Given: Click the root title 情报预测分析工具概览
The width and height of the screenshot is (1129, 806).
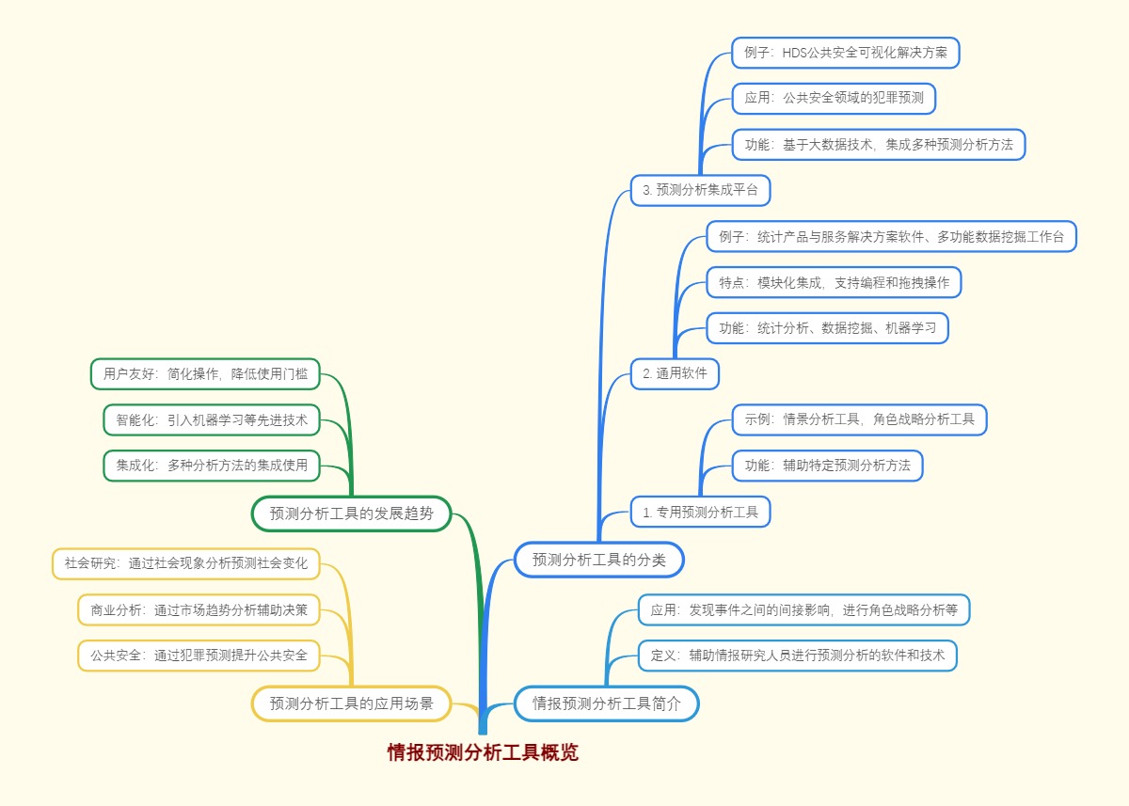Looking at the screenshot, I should click(483, 752).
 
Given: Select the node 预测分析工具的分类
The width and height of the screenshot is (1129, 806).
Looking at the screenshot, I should click(598, 560).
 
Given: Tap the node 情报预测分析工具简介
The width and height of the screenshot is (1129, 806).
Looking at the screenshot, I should click(606, 703).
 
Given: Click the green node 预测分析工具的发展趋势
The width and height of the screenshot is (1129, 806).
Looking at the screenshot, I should click(351, 514).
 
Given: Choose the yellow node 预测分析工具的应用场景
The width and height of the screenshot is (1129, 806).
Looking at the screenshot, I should click(351, 703).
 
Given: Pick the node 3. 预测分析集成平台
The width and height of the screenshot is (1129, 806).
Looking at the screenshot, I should click(700, 190).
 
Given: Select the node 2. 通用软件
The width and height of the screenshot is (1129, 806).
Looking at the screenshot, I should click(675, 373).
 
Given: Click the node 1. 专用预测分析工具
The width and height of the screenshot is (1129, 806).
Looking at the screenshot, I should click(700, 512).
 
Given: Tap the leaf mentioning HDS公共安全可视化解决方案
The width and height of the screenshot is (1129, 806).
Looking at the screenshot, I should click(845, 53).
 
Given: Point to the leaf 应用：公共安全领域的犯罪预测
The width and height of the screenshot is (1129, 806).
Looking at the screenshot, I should click(834, 98).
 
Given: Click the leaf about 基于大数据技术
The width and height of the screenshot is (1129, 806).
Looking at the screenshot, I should click(878, 145).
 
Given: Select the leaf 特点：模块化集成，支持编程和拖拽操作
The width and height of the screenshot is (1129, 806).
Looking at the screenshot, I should click(834, 282).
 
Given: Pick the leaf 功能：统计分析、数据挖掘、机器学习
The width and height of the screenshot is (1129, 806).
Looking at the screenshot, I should click(827, 328).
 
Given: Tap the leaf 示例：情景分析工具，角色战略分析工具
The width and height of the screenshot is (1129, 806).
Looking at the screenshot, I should click(859, 419).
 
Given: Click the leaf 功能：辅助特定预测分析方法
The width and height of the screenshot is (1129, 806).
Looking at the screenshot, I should click(827, 466).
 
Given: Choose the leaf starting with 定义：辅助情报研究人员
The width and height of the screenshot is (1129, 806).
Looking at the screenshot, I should click(797, 655).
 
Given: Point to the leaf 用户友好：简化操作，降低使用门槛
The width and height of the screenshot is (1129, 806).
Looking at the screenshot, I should click(205, 373).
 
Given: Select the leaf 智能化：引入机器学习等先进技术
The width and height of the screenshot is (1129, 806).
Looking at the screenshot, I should click(212, 419).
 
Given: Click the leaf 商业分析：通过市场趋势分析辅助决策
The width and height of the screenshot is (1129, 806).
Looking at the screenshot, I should click(199, 609).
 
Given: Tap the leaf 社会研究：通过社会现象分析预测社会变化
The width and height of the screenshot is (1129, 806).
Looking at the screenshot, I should click(186, 564).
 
